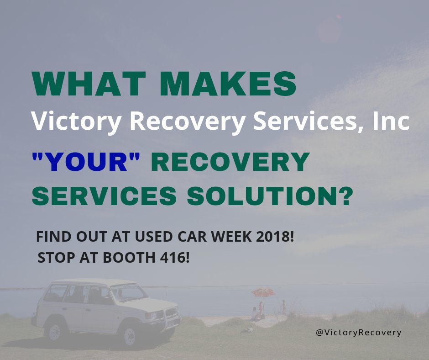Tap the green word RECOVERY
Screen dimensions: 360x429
point(230,162)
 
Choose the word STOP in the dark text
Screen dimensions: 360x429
point(55,258)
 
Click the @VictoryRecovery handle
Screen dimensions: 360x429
point(358,332)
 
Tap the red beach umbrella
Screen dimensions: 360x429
point(262,292)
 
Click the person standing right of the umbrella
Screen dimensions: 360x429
point(283,307)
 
